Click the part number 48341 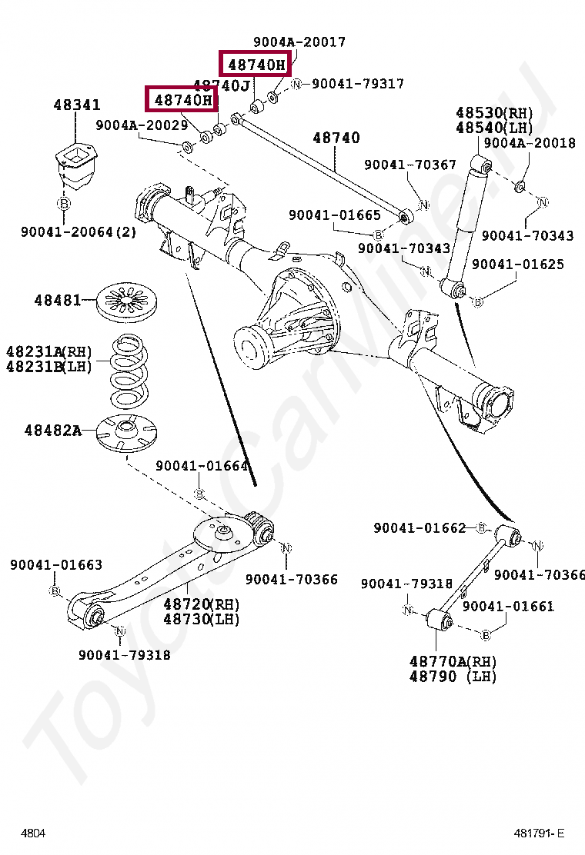click(x=76, y=106)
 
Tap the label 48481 click(x=57, y=300)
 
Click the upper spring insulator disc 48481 click(x=127, y=301)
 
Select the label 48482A click(x=52, y=431)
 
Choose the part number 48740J click(x=222, y=86)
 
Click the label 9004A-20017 click(x=299, y=42)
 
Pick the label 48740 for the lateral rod click(x=336, y=138)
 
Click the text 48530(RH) click(x=493, y=113)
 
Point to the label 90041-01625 click(x=517, y=264)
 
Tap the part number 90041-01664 click(x=202, y=466)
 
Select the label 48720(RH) click(x=201, y=604)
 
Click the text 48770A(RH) click(x=453, y=661)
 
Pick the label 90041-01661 click(x=508, y=607)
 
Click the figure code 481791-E click(x=539, y=833)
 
